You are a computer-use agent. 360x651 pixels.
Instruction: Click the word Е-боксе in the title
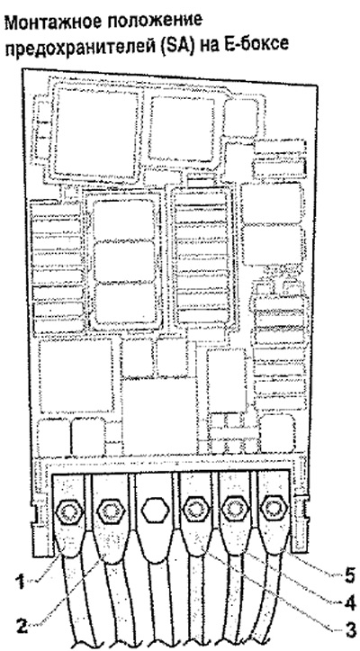click(x=254, y=44)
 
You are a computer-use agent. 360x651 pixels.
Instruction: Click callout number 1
click(x=20, y=583)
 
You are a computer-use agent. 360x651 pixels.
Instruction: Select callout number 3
click(x=349, y=639)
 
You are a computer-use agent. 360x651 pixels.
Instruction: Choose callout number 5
click(x=349, y=575)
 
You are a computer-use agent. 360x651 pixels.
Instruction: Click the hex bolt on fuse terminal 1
click(x=69, y=509)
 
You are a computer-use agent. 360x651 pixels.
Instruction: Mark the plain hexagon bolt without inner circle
click(x=155, y=509)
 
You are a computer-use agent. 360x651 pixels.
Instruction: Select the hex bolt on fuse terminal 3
click(x=195, y=508)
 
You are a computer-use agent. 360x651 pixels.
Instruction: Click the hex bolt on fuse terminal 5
click(x=273, y=507)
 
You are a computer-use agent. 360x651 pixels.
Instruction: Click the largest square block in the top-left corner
click(x=96, y=132)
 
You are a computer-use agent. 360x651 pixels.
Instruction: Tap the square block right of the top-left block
click(x=182, y=128)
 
